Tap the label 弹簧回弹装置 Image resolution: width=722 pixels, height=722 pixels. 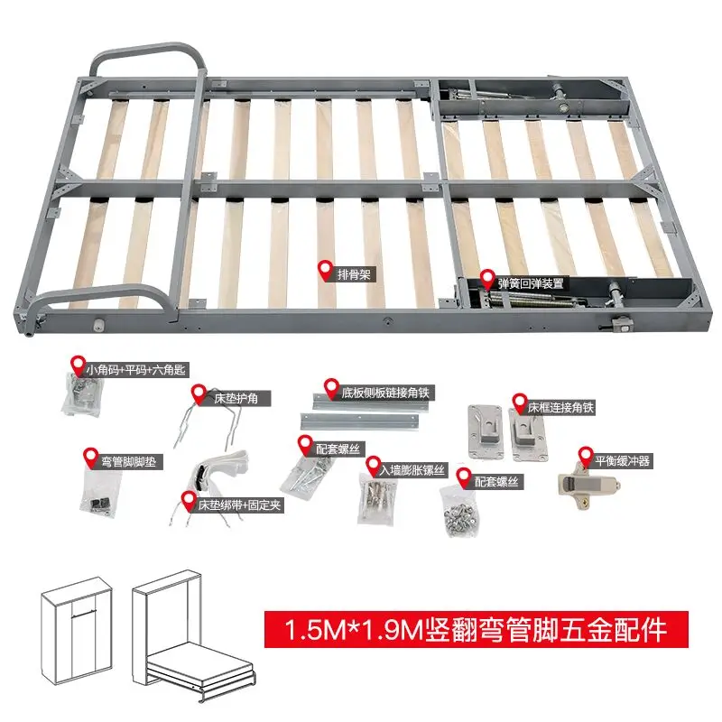pos(532,282)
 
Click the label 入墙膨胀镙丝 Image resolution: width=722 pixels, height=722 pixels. pos(413,469)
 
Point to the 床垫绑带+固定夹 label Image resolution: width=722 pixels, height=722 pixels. pos(240,505)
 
